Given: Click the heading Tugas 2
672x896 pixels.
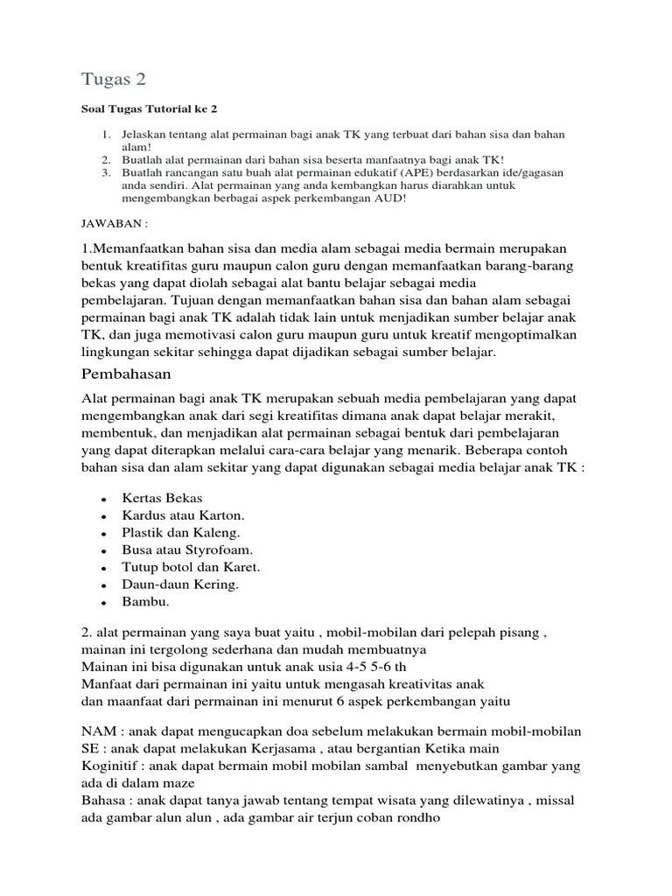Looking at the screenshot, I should tap(114, 79).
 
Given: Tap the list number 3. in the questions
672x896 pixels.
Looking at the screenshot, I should tap(105, 173).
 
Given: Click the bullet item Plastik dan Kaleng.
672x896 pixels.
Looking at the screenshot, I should tap(180, 532).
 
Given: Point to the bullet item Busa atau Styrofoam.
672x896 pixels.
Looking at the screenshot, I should tap(188, 549).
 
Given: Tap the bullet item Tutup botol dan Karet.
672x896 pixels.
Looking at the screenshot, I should tap(191, 567).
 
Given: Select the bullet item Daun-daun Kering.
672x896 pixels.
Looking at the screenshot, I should tap(180, 584).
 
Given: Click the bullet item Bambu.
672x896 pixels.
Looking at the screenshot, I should tap(145, 602).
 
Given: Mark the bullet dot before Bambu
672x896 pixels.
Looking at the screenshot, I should tap(104, 603).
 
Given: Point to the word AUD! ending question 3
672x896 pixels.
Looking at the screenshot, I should tap(388, 199).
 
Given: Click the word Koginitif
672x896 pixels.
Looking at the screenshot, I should tap(111, 766).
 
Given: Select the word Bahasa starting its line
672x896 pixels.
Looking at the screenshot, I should tap(105, 801).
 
